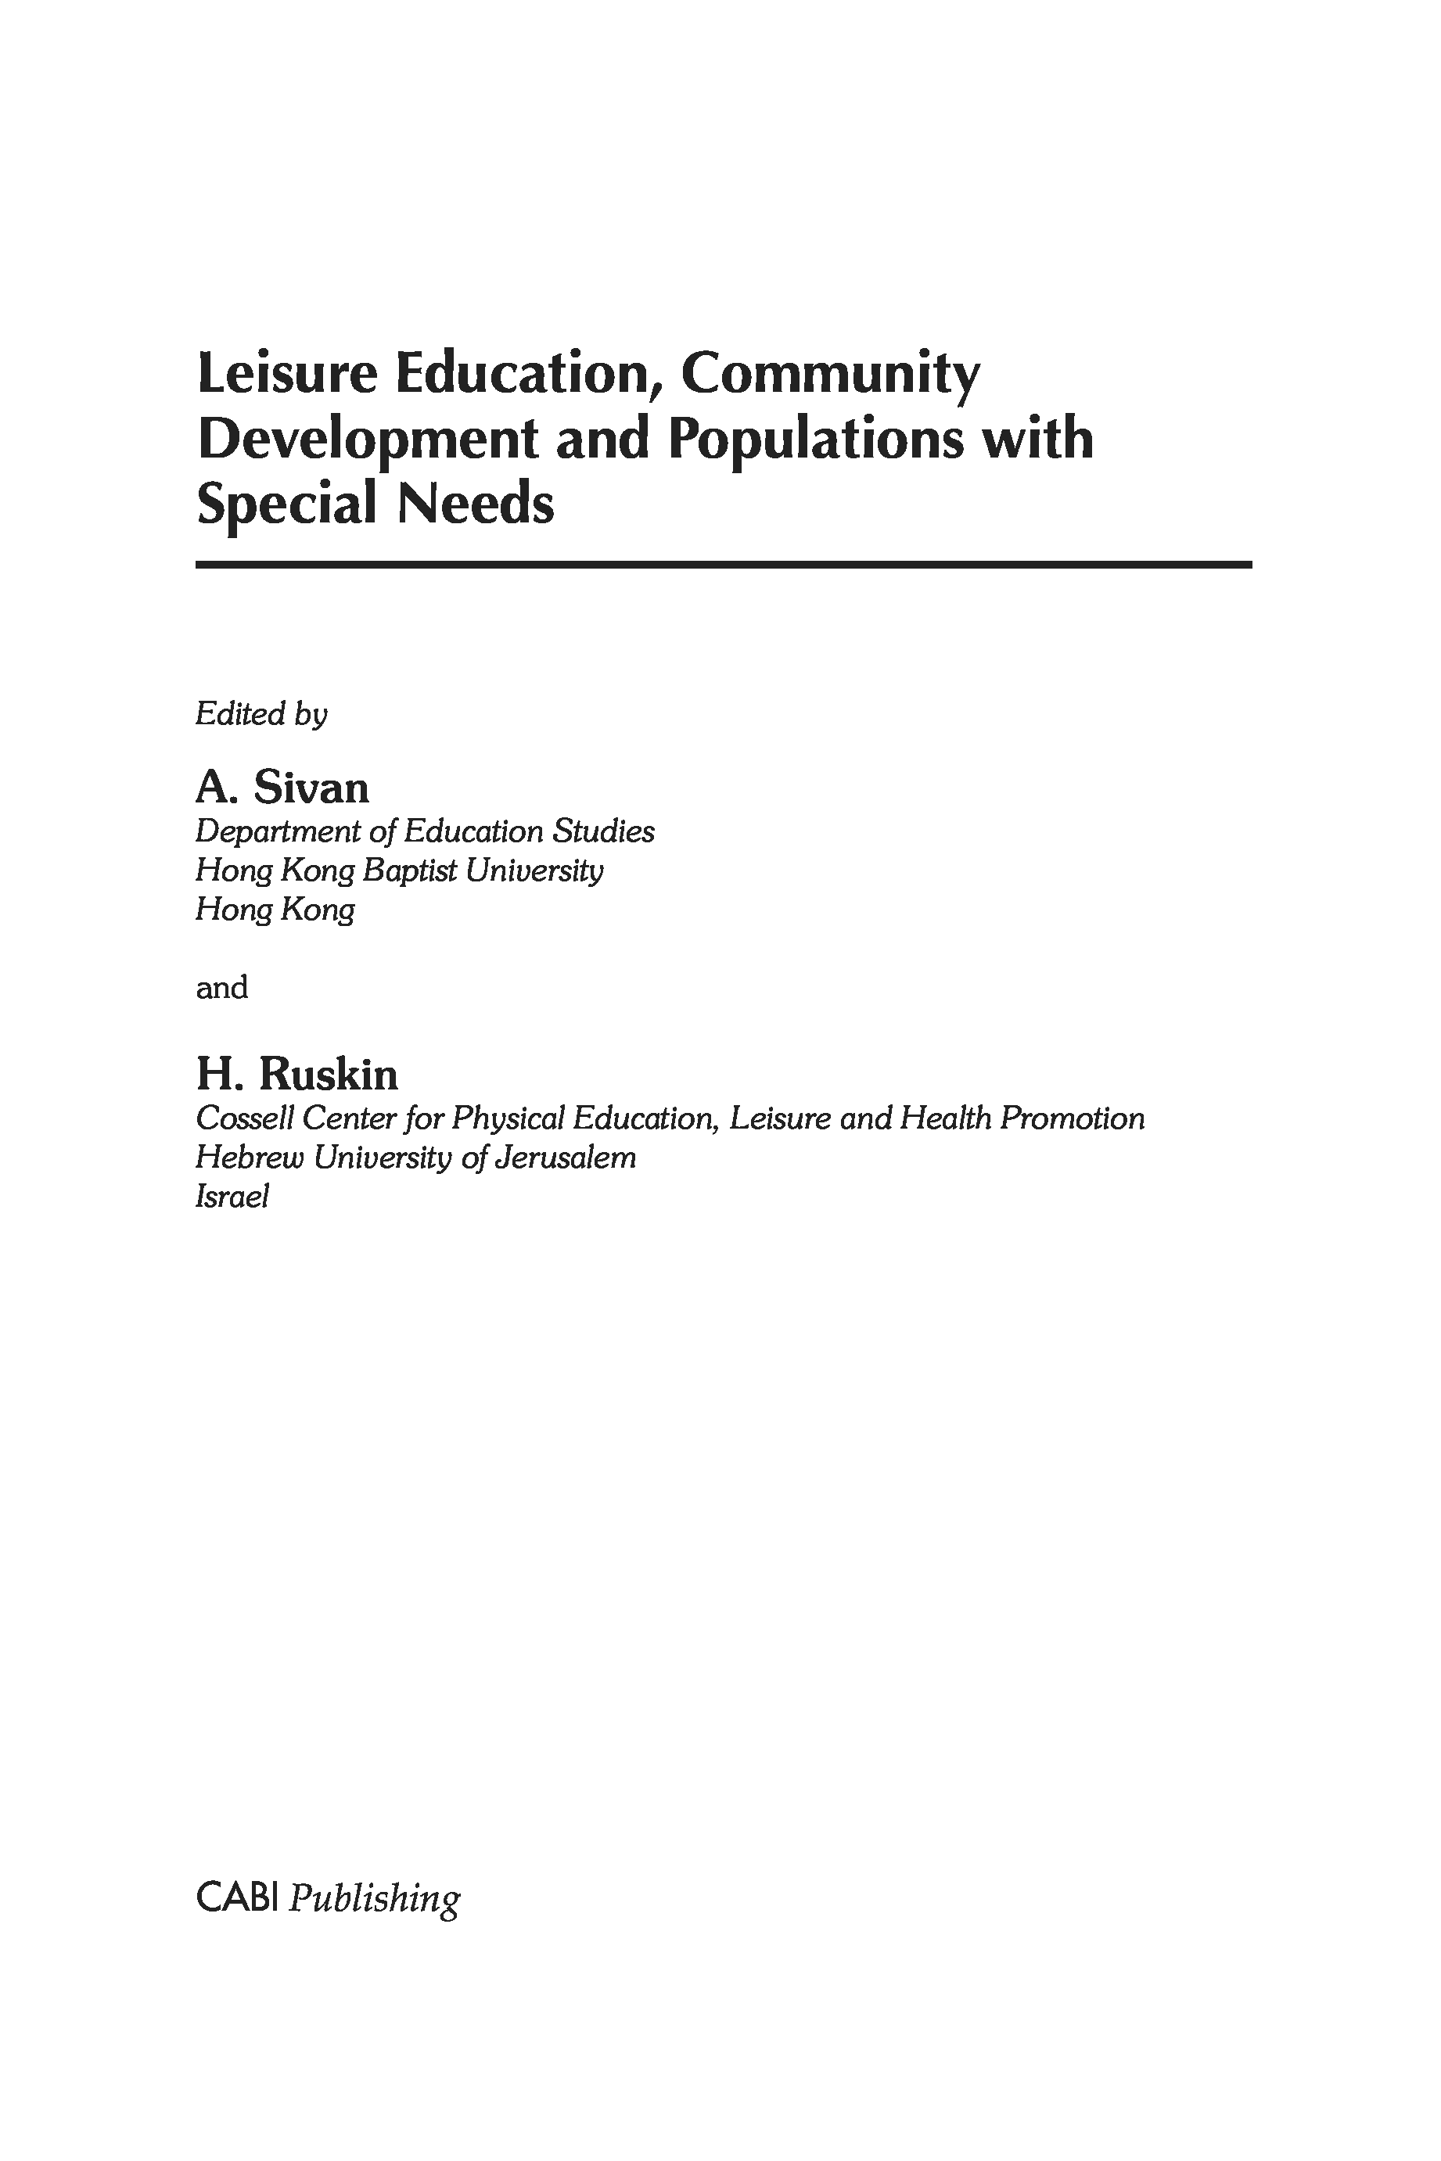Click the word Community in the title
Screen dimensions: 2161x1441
[830, 374]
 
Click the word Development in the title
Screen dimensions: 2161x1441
[368, 441]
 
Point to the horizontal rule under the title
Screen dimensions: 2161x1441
[724, 564]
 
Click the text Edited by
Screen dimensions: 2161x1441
[261, 714]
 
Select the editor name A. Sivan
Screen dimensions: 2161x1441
[282, 788]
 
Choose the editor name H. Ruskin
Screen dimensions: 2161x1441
[296, 1074]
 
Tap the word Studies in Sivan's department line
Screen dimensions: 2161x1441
[603, 831]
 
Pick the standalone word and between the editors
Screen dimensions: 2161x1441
[221, 988]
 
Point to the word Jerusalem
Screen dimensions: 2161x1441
[564, 1158]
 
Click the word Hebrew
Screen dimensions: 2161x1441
[248, 1158]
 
